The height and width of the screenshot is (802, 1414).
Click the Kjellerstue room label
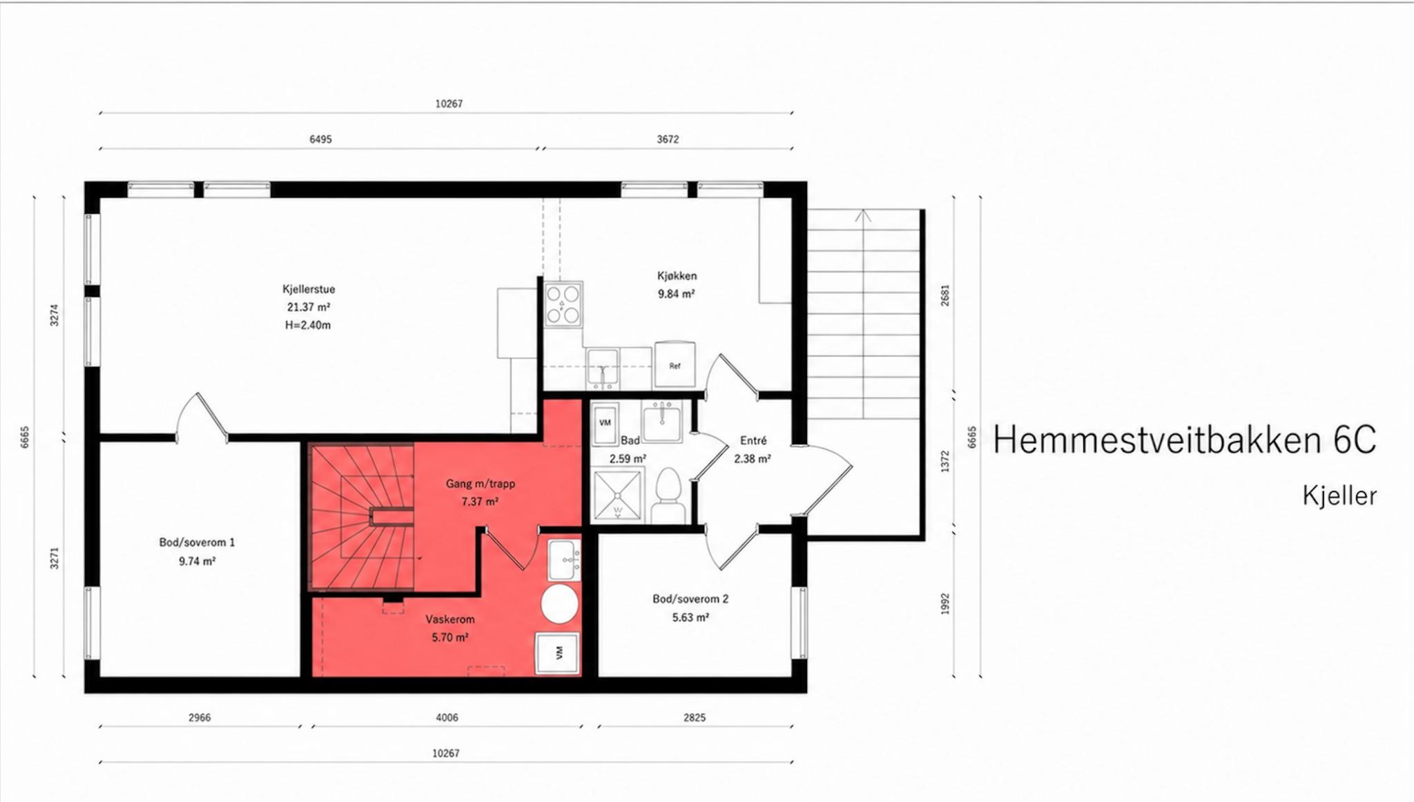(x=309, y=289)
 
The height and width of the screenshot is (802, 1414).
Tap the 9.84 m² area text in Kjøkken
(x=676, y=294)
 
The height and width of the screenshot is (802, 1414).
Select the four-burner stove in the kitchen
(x=563, y=304)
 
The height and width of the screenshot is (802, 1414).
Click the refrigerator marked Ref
(x=675, y=365)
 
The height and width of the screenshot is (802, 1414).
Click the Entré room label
(x=753, y=440)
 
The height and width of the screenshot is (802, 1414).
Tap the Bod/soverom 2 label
(x=690, y=599)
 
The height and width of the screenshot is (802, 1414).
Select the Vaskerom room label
(x=450, y=620)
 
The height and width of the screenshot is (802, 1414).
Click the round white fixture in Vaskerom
(x=559, y=605)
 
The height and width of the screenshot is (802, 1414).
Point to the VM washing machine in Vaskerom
(x=558, y=653)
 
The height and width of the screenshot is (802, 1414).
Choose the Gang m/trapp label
(x=481, y=484)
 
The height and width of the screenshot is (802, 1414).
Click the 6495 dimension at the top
(x=320, y=139)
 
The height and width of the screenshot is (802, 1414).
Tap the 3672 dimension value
(x=668, y=139)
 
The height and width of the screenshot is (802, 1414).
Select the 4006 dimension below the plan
(x=447, y=718)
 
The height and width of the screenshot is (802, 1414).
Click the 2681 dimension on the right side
(x=945, y=295)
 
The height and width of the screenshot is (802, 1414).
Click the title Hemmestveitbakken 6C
(x=1185, y=440)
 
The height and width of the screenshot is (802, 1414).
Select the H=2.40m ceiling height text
(x=308, y=325)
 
